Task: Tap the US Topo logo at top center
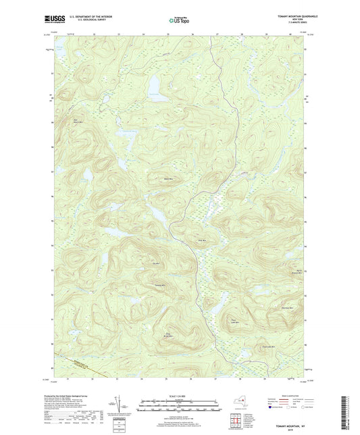[179, 21]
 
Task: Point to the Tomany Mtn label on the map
[160, 285]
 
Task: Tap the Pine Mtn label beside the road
[201, 240]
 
